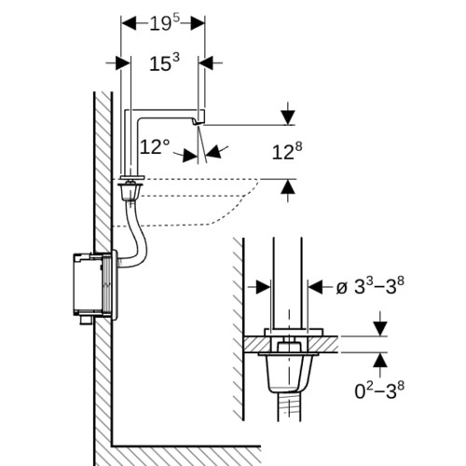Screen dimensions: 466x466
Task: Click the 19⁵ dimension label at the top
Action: (x=165, y=22)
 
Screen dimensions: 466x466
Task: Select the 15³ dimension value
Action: (x=164, y=62)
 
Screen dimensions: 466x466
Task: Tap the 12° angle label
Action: (x=155, y=146)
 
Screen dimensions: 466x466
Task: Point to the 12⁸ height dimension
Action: (x=287, y=151)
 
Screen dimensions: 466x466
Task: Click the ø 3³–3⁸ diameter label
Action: (x=370, y=286)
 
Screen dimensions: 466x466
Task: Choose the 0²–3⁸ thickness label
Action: (x=379, y=391)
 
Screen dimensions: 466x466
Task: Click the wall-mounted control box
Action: (x=93, y=286)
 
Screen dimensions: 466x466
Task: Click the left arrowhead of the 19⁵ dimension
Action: (x=129, y=23)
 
